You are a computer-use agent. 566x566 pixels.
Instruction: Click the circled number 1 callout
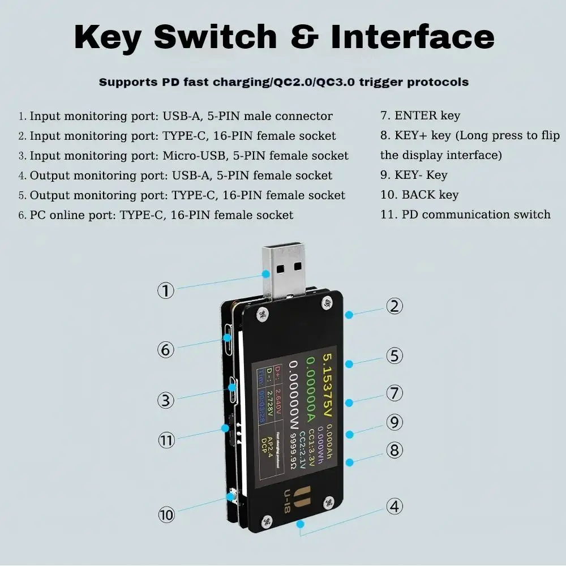(x=165, y=291)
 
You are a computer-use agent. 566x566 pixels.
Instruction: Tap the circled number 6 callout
(x=165, y=350)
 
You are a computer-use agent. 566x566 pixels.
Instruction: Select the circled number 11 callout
(x=166, y=440)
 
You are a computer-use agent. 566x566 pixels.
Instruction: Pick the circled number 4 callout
(x=395, y=506)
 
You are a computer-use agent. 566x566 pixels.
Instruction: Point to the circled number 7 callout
(x=395, y=393)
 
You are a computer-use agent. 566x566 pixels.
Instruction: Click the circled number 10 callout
(x=166, y=514)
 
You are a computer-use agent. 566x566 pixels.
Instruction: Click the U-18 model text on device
(x=287, y=501)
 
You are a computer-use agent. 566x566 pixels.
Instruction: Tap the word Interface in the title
(x=413, y=37)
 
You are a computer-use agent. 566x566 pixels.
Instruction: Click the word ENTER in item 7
(x=417, y=115)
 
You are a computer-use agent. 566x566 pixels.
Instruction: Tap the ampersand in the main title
(x=304, y=37)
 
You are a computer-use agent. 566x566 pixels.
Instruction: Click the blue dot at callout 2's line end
(x=350, y=313)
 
